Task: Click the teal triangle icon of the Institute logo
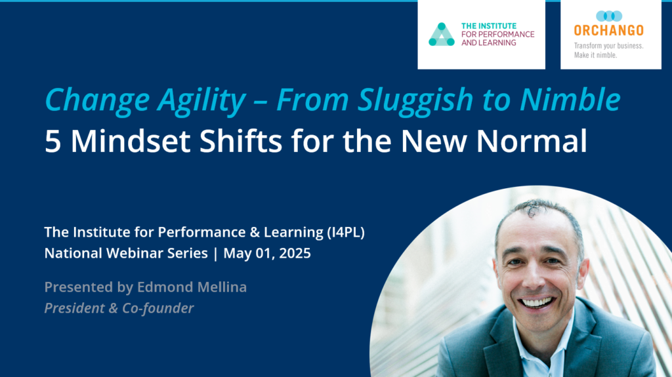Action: [x=442, y=35]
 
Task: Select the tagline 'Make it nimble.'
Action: [x=596, y=55]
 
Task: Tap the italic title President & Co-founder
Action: [x=119, y=308]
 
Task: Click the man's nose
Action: [x=537, y=279]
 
